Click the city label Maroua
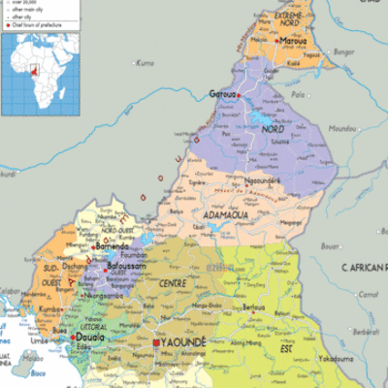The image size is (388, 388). click(x=293, y=43)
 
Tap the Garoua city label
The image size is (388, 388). click(x=224, y=94)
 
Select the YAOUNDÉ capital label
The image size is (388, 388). click(x=184, y=343)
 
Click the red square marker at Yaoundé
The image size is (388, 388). click(x=155, y=342)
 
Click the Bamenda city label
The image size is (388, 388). click(x=113, y=248)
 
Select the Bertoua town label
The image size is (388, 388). click(x=254, y=307)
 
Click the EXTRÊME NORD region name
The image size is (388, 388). click(x=286, y=17)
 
